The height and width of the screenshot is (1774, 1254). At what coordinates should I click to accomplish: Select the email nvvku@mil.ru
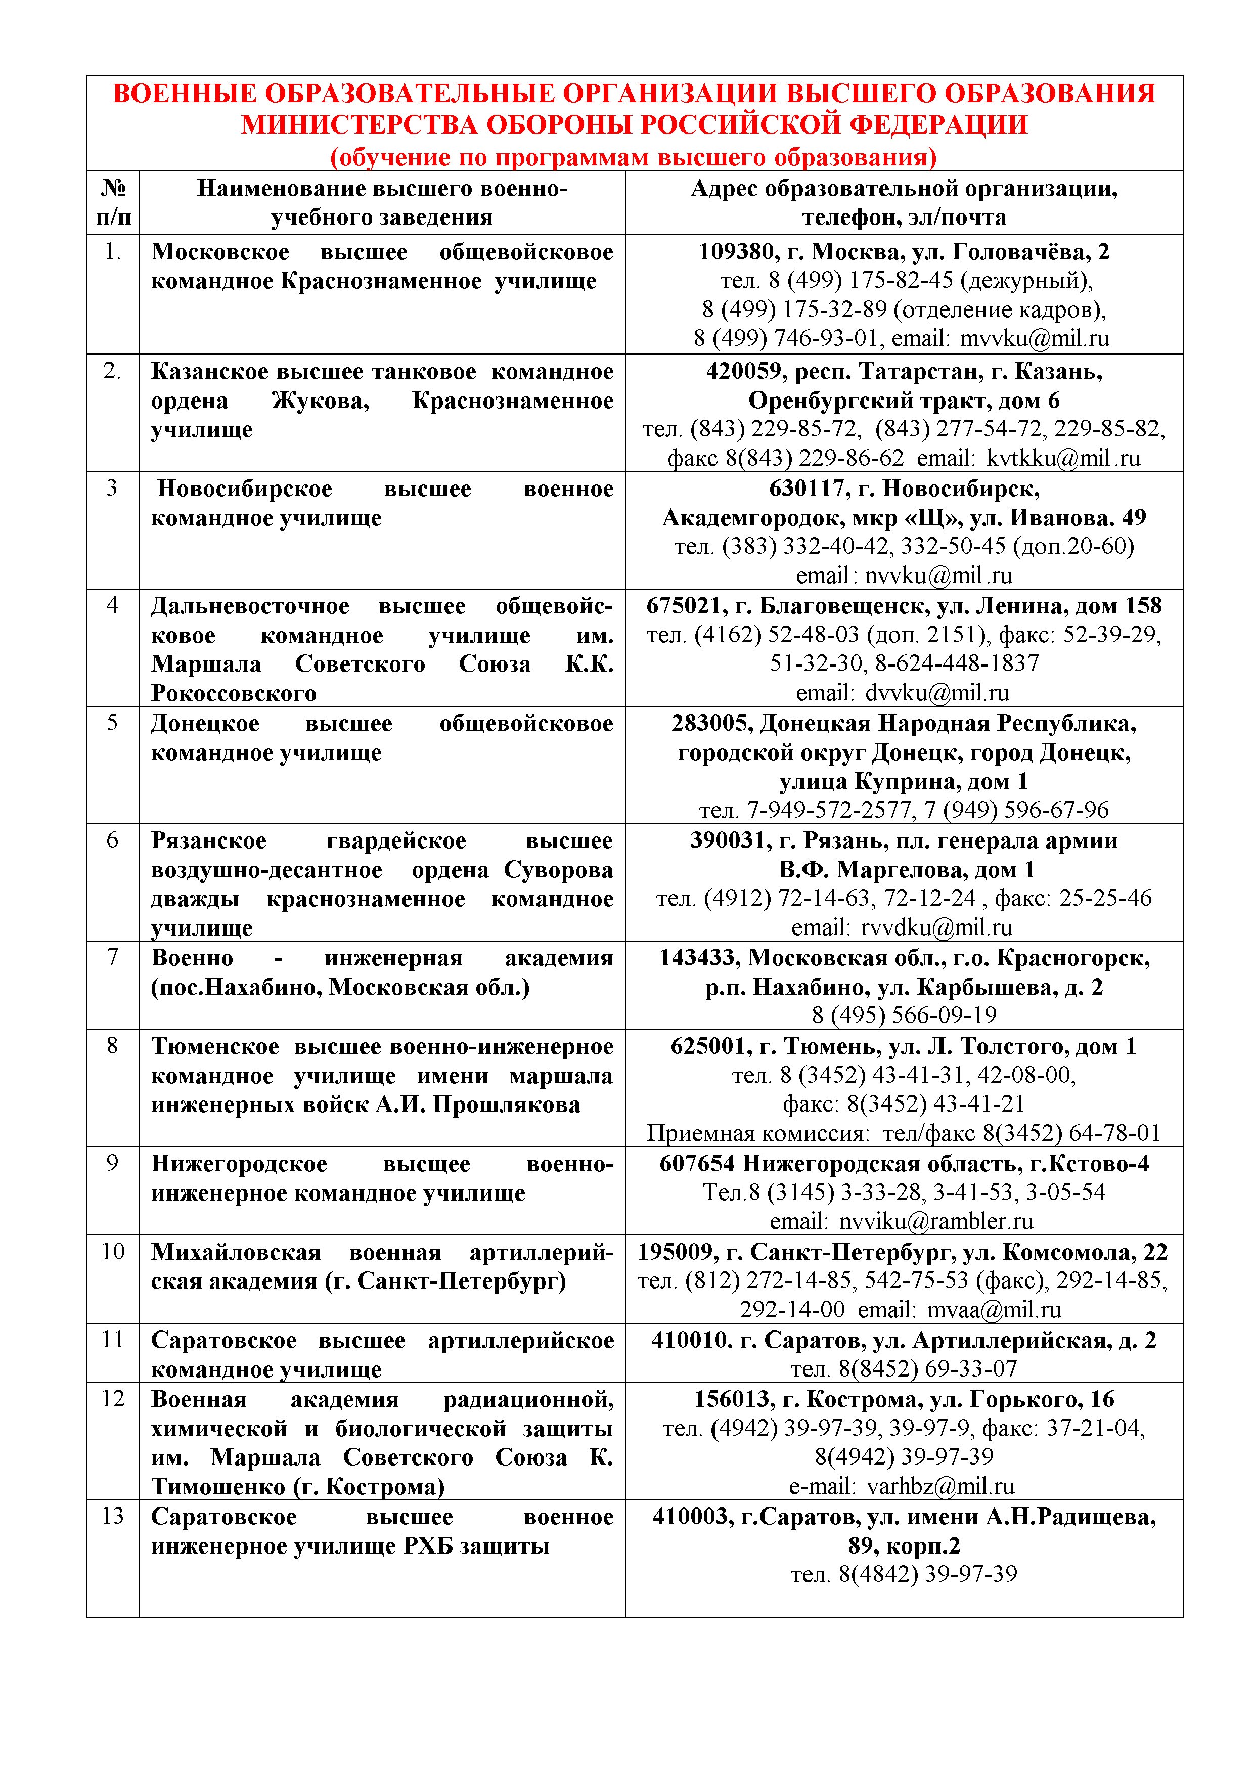(938, 575)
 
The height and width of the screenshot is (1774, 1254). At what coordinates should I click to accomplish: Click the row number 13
(113, 1516)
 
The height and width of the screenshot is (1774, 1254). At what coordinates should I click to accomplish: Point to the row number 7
(113, 957)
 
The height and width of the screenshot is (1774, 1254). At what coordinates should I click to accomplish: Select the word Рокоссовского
(233, 693)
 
